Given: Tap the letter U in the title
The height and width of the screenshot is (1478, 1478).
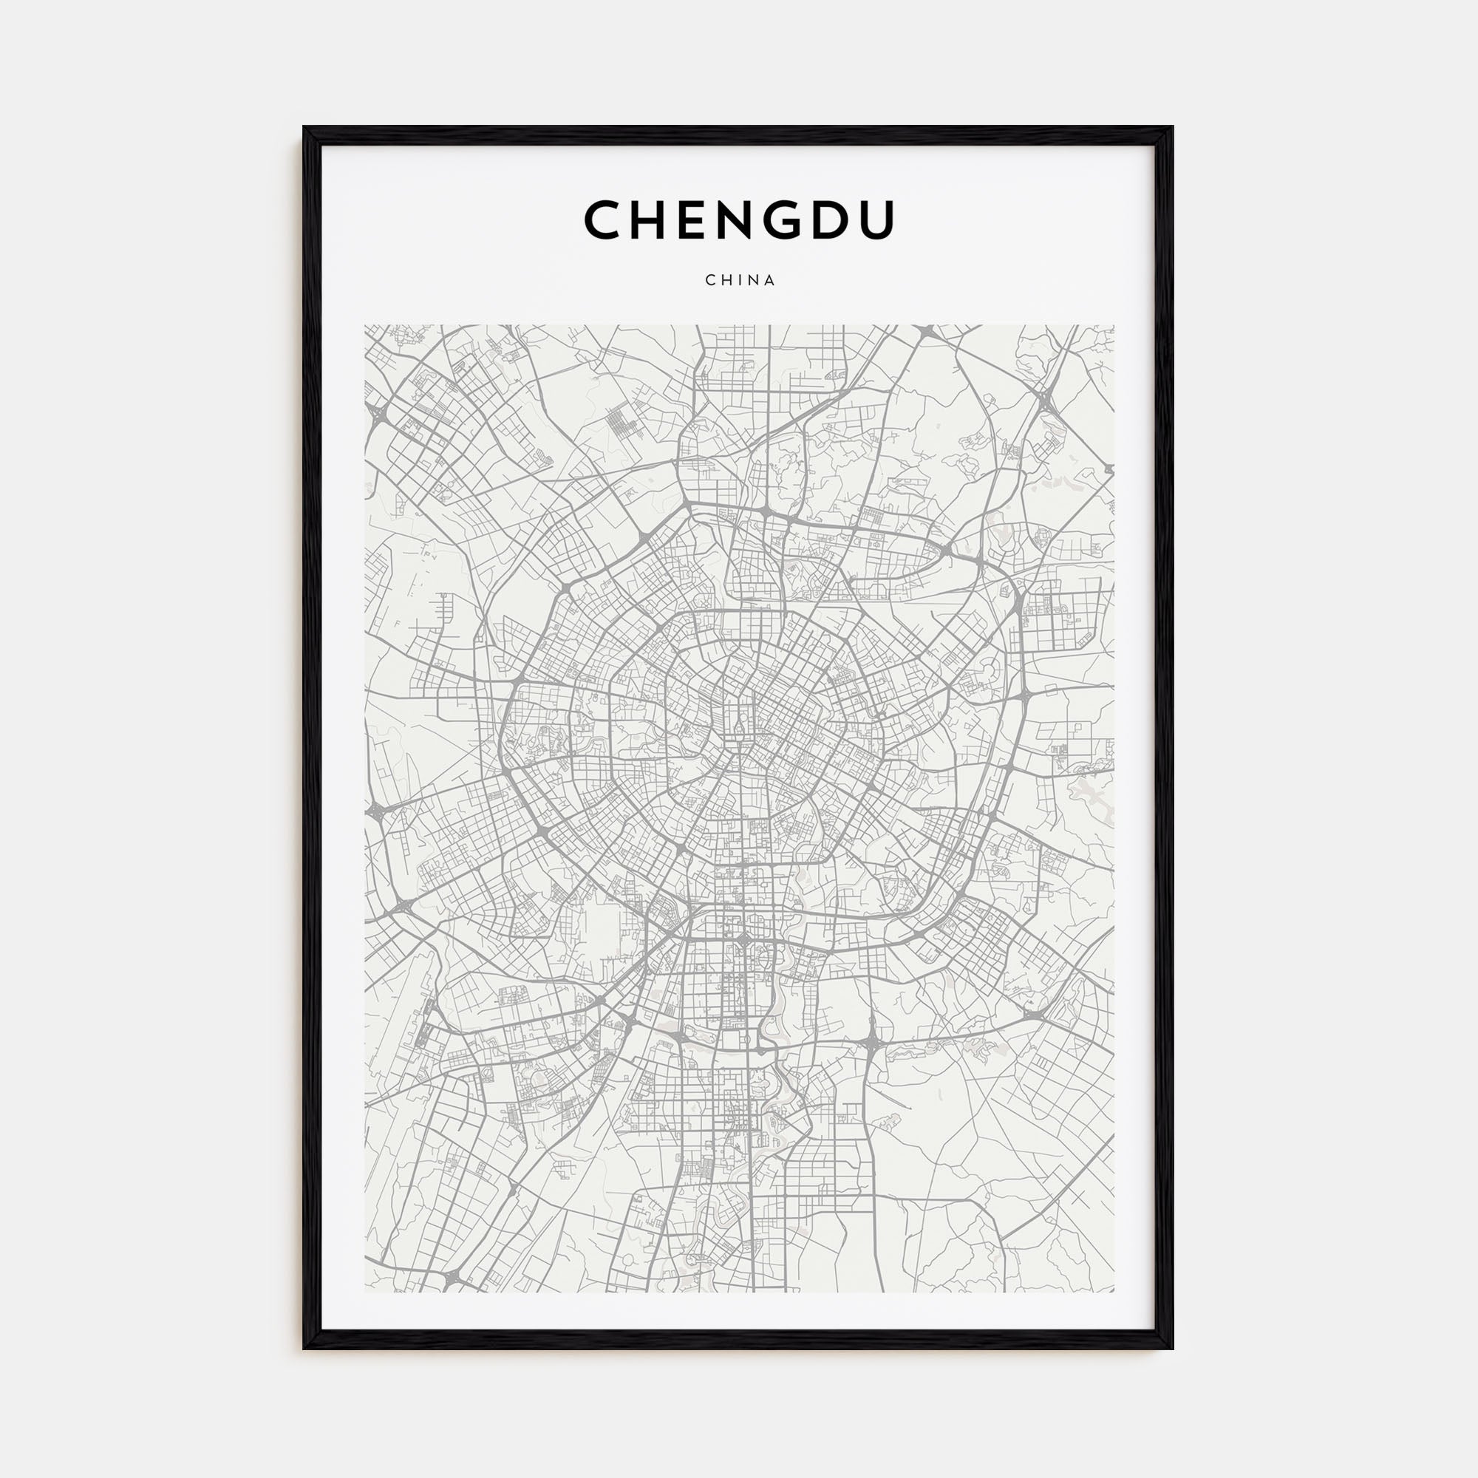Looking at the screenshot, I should coord(875,220).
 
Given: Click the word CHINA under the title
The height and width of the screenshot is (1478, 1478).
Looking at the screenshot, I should coord(740,280).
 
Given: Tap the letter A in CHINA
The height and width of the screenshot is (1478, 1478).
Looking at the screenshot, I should coord(769,280).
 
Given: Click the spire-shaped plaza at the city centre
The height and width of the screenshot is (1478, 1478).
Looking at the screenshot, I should coord(740,723).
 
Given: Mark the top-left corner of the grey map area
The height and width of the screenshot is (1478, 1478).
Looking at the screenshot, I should coord(366,326).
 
